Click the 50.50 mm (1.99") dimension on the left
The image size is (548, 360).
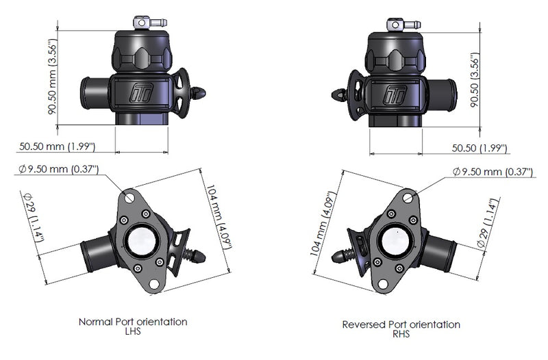pos(57,146)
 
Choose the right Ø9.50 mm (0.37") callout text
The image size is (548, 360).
pos(492,172)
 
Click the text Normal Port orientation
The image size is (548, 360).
pos(133,321)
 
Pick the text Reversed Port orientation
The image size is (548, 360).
pos(401,324)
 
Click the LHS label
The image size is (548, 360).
pos(133,331)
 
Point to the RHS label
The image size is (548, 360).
pos(401,335)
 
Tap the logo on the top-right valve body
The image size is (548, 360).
pos(393,93)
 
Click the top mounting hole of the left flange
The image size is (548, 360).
pos(130,196)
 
